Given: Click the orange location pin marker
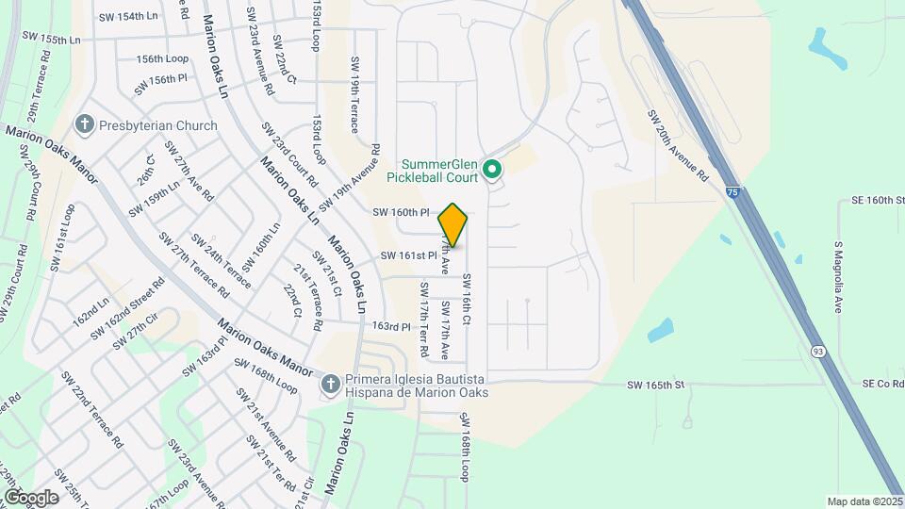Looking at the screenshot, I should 453,225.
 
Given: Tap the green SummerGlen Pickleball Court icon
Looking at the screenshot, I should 491,171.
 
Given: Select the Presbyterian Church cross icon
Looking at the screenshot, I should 85,125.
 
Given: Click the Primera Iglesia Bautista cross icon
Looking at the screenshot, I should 330,384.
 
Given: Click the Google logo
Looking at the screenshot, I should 31,497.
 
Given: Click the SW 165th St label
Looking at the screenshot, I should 655,385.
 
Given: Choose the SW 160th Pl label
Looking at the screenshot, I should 401,213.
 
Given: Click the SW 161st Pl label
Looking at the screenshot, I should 409,255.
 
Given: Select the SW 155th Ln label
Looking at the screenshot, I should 49,41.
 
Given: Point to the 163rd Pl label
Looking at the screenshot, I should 392,327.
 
